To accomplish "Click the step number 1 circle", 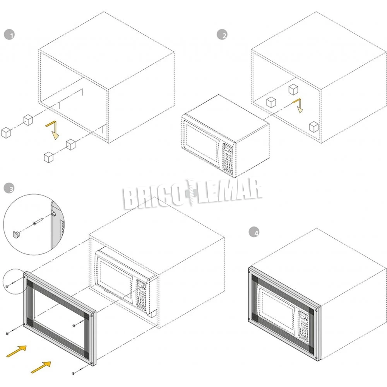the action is click(x=9, y=35).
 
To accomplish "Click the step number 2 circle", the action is click(x=222, y=34).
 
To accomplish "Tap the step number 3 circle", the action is click(x=9, y=188).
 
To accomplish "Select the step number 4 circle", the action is click(x=254, y=232).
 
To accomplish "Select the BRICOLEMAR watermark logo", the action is click(x=192, y=194).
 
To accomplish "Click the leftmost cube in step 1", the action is click(x=6, y=132).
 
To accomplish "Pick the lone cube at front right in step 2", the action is click(x=314, y=127).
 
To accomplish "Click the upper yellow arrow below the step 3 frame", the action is click(x=16, y=351).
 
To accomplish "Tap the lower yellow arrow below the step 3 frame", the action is click(x=41, y=367).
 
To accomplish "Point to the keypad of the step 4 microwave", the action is click(x=303, y=327).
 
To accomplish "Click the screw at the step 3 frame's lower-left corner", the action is click(x=11, y=331).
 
